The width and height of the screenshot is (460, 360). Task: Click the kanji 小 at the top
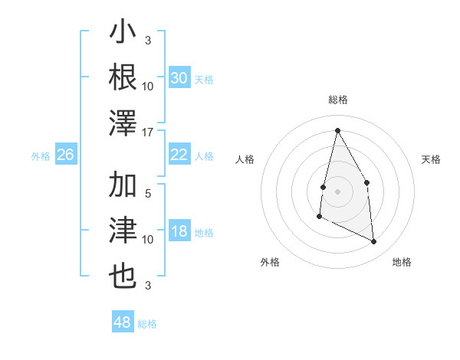pyautogui.click(x=123, y=34)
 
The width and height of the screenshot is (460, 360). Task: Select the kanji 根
pyautogui.click(x=123, y=77)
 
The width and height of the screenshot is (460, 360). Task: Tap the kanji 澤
pyautogui.click(x=123, y=123)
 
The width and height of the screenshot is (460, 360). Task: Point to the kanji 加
pyautogui.click(x=123, y=185)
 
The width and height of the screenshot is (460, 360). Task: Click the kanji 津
pyautogui.click(x=123, y=231)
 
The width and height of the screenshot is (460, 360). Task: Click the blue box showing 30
pyautogui.click(x=179, y=78)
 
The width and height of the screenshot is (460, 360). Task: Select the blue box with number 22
pyautogui.click(x=179, y=155)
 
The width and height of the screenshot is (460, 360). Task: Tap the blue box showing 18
pyautogui.click(x=179, y=231)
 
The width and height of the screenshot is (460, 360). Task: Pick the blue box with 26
pyautogui.click(x=65, y=155)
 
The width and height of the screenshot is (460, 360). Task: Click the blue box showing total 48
pyautogui.click(x=122, y=322)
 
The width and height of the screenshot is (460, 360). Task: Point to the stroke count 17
pyautogui.click(x=148, y=132)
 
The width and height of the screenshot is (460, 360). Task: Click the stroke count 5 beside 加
pyautogui.click(x=148, y=194)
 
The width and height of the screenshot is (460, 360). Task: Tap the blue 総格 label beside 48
pyautogui.click(x=147, y=324)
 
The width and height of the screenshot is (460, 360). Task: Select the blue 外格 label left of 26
pyautogui.click(x=41, y=156)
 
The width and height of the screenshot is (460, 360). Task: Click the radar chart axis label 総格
pyautogui.click(x=337, y=100)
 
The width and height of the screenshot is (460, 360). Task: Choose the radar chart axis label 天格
pyautogui.click(x=431, y=159)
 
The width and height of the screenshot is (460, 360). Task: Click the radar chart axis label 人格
pyautogui.click(x=245, y=159)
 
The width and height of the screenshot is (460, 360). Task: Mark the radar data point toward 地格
pyautogui.click(x=374, y=242)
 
